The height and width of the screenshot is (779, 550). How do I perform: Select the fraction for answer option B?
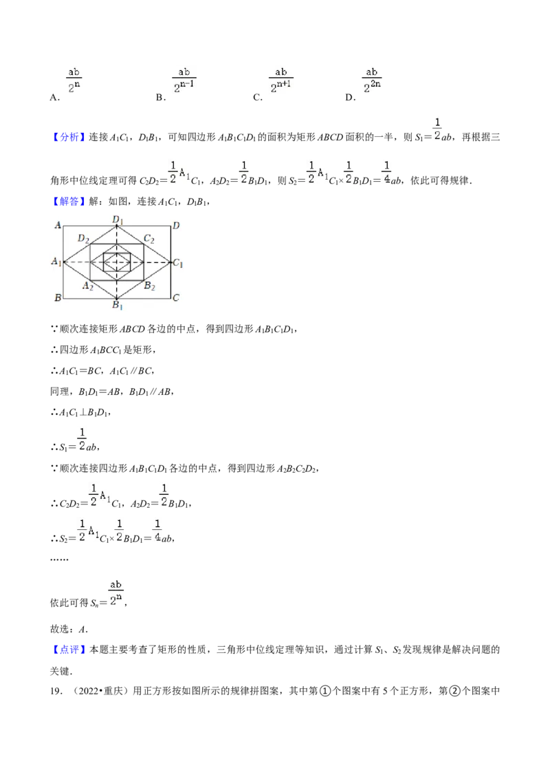184,81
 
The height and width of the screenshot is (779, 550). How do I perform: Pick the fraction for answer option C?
281,81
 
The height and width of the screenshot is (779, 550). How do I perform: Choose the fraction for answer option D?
372,81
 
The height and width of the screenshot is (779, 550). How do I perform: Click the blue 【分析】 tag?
69,137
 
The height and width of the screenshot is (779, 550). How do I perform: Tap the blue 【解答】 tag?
69,201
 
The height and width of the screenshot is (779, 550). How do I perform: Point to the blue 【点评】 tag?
69,650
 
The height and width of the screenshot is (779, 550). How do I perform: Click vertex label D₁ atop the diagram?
118,220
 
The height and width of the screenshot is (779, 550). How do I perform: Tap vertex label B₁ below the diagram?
117,305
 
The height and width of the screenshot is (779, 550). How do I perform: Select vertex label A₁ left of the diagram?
56,262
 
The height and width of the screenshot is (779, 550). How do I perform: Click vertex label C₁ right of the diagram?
177,263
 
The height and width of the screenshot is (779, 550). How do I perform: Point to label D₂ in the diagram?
83,239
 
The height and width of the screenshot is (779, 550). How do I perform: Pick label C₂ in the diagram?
149,239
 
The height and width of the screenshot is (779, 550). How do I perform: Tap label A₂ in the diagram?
88,286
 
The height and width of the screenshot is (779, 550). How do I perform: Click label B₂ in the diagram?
149,286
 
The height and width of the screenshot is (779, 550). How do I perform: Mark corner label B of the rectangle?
58,297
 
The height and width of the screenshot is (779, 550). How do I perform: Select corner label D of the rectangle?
176,226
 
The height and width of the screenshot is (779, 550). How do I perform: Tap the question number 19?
55,691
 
